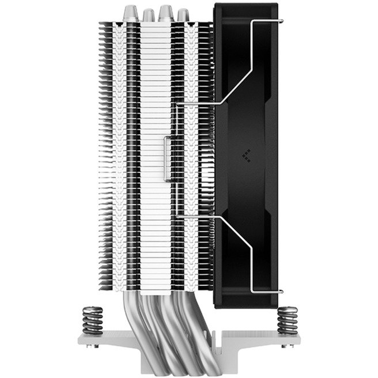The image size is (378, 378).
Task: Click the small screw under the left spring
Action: [x=93, y=340]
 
